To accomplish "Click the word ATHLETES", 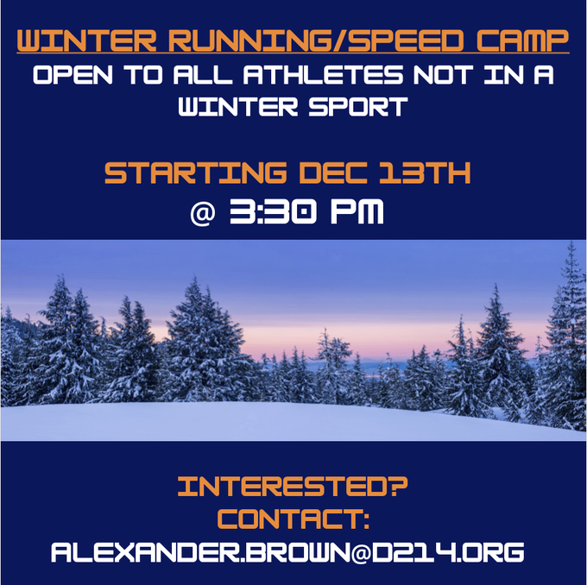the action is tap(323, 75).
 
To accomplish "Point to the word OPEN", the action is tap(73, 75).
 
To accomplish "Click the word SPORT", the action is tap(358, 106).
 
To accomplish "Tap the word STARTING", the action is tap(196, 173).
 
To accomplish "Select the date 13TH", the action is tap(425, 173).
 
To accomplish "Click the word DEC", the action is tap(333, 173).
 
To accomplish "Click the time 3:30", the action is tap(273, 212).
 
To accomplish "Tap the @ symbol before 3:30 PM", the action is tap(203, 213).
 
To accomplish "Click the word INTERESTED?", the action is tap(293, 487).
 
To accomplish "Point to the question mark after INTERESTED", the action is tap(396, 487).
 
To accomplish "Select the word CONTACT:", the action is tap(293, 519).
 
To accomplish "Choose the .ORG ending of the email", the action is tap(491, 552).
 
